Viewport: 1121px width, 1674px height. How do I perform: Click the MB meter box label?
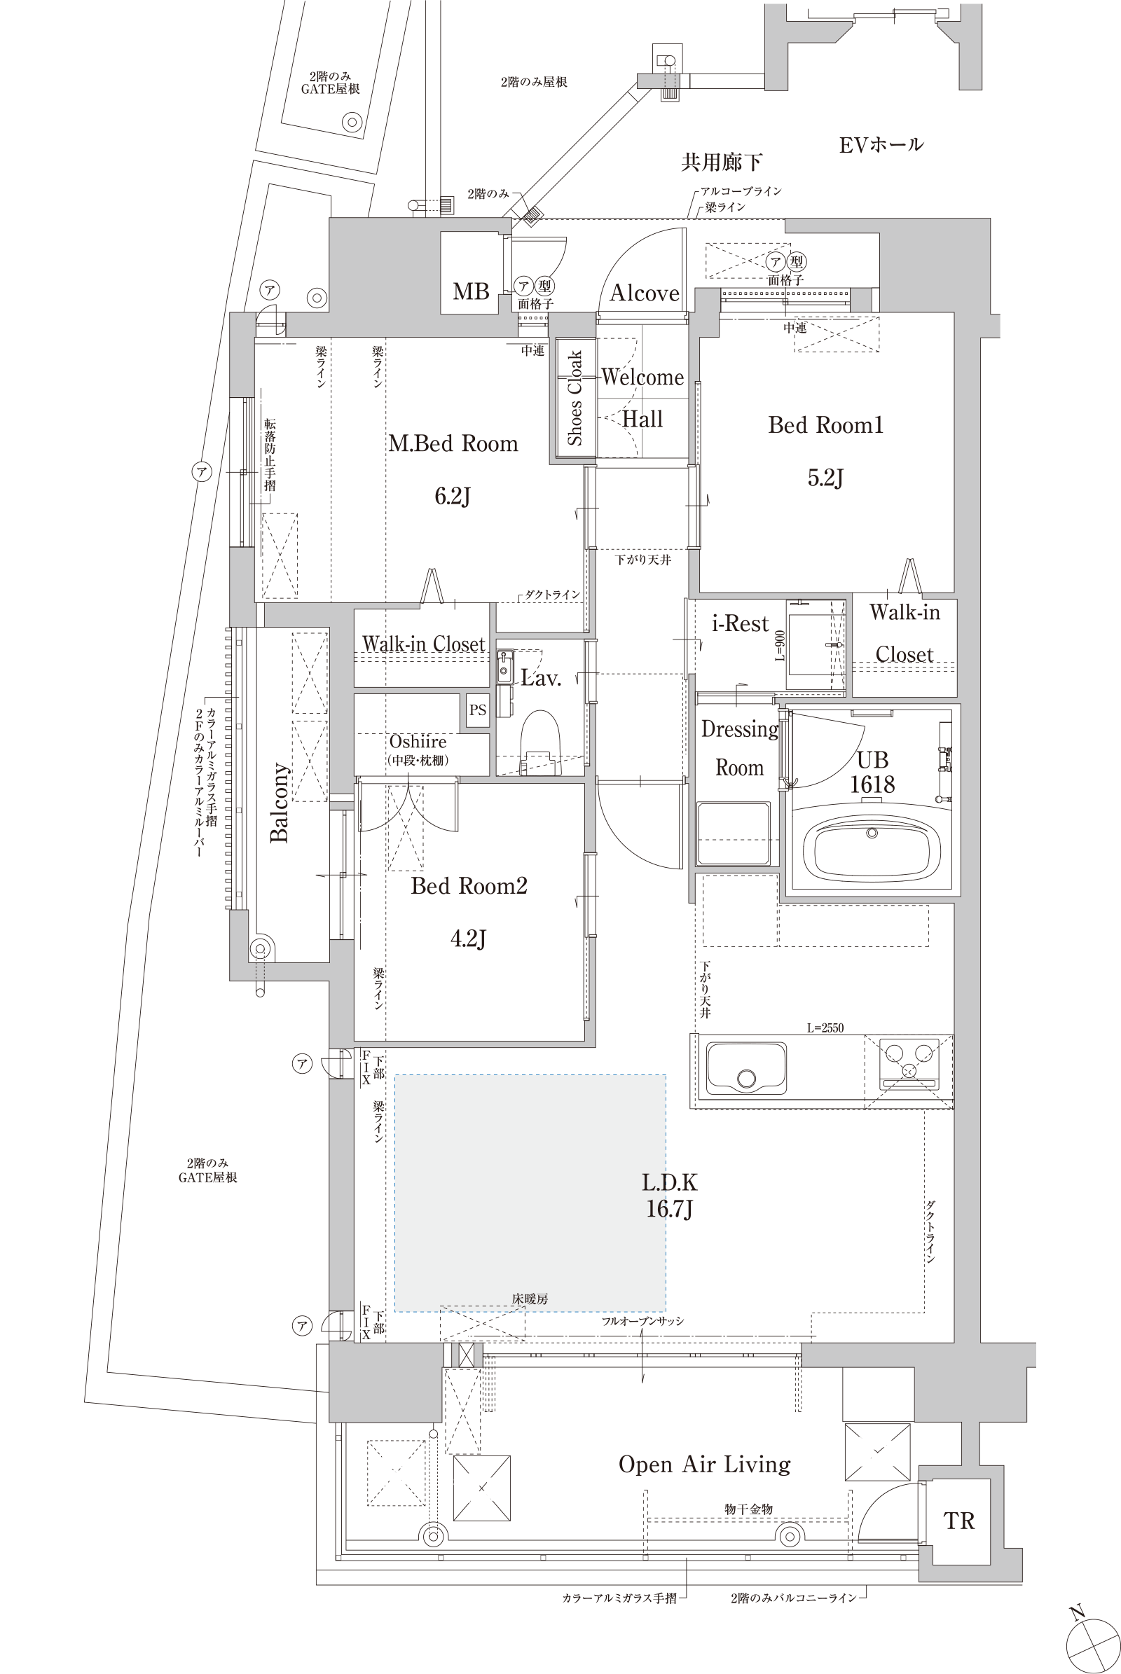pyautogui.click(x=471, y=291)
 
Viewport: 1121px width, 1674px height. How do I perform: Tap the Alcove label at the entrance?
pyautogui.click(x=644, y=293)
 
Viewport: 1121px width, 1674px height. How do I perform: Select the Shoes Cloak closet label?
pyautogui.click(x=575, y=398)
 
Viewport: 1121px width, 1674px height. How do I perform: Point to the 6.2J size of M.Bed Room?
pyautogui.click(x=453, y=495)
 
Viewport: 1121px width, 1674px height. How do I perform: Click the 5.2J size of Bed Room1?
pyautogui.click(x=826, y=477)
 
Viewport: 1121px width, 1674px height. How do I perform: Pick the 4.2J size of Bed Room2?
pyautogui.click(x=468, y=938)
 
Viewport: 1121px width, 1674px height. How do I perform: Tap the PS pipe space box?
pyautogui.click(x=478, y=710)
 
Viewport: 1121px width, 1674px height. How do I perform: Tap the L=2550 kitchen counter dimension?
pyautogui.click(x=825, y=1028)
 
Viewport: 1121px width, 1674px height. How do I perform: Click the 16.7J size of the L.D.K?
pyautogui.click(x=669, y=1209)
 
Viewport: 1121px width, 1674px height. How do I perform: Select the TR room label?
pyautogui.click(x=958, y=1521)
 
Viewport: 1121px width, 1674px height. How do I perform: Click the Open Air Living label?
pyautogui.click(x=705, y=1465)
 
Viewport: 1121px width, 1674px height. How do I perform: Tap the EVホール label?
pyautogui.click(x=881, y=145)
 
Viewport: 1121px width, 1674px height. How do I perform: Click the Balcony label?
pyautogui.click(x=280, y=803)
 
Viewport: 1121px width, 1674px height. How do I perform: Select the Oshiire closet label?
pyautogui.click(x=418, y=741)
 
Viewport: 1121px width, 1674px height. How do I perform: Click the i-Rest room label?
pyautogui.click(x=741, y=623)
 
